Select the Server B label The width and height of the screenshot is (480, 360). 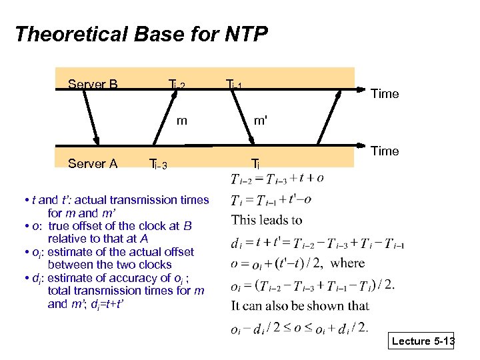pos(93,85)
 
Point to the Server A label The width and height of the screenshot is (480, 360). pos(93,164)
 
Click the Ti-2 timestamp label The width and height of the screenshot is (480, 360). pos(176,85)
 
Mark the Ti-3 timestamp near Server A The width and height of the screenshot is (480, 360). pos(157,165)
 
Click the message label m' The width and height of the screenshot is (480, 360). pos(261,121)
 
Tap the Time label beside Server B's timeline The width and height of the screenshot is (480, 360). pos(385,94)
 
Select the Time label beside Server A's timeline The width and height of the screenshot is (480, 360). pos(385,151)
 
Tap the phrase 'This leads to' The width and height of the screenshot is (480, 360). pos(267,220)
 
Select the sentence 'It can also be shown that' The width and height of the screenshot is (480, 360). pos(300,306)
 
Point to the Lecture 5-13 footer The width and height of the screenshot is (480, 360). pos(423,341)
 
